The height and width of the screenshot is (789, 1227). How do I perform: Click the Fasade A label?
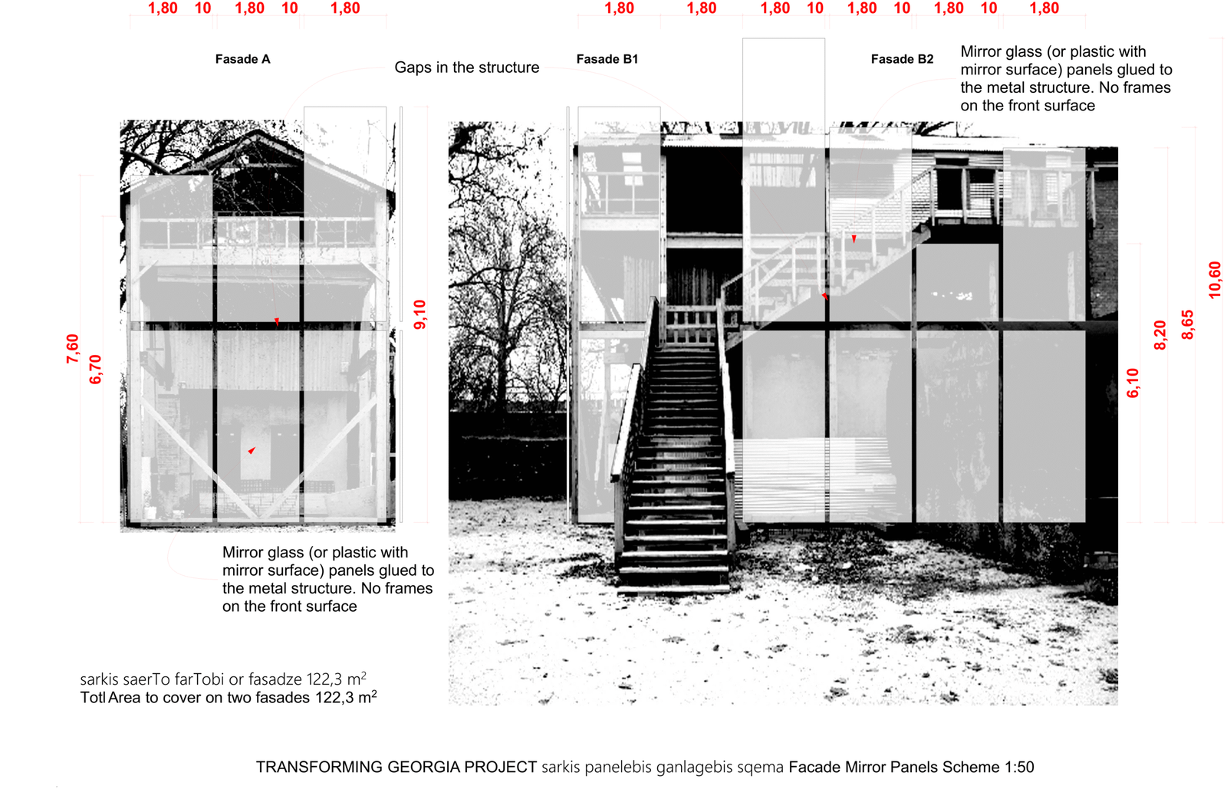pos(242,59)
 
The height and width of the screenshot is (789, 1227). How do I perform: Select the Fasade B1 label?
pos(607,59)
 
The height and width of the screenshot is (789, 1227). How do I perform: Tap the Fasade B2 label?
pos(902,59)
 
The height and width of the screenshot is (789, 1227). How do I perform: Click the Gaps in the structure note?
pos(467,67)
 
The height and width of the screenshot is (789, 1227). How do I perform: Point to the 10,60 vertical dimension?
pos(1215,280)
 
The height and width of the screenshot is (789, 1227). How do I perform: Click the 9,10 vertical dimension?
pos(419,315)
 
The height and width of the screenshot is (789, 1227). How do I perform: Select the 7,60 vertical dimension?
pos(72,349)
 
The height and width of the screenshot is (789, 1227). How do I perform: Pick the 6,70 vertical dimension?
pos(95,370)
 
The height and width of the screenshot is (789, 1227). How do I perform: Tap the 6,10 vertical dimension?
pos(1133,383)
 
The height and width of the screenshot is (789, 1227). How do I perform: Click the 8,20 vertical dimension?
pos(1160,335)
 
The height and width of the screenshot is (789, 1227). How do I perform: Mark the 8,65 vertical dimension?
pos(1187,324)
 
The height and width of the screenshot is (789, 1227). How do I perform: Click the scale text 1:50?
pos(1019,767)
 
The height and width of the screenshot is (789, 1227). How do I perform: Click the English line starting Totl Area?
pos(229,697)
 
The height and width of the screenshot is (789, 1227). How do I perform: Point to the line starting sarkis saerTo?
pos(223,679)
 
